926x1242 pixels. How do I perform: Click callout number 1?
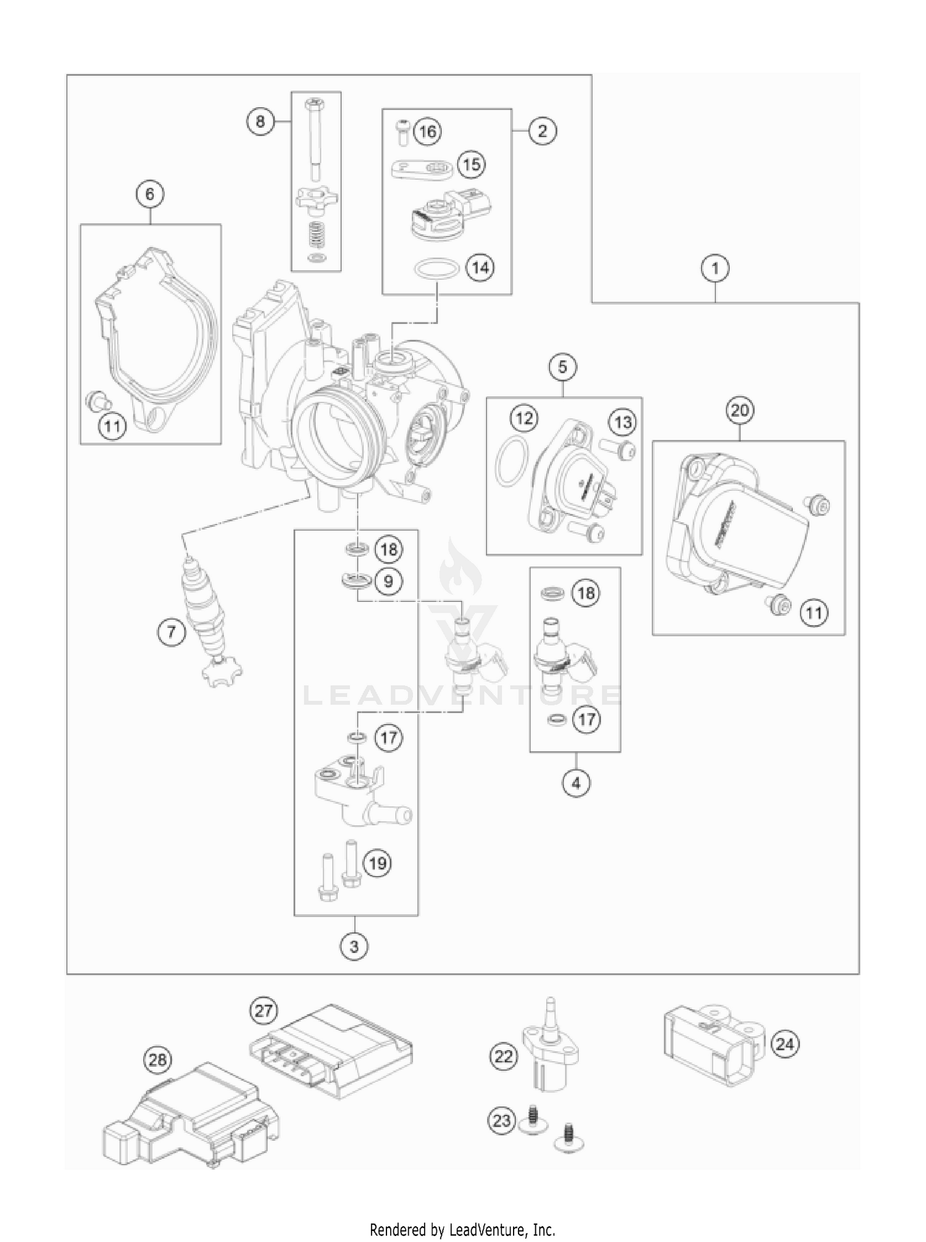pos(715,269)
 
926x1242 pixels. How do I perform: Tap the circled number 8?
pos(260,122)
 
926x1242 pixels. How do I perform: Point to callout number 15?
pos(471,165)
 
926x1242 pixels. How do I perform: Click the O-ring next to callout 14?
pos(436,269)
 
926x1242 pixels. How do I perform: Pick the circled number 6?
pos(150,194)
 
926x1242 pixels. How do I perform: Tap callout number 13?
pos(623,423)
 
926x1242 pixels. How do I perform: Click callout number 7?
pos(171,631)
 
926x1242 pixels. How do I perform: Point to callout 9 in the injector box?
pos(388,581)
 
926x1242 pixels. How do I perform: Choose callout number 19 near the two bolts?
pos(377,862)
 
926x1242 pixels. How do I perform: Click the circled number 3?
pos(354,946)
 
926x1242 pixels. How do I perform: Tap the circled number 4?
pos(576,783)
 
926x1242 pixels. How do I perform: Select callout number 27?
pos(264,1011)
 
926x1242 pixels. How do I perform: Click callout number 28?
pos(158,1061)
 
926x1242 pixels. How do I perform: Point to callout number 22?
pos(504,1057)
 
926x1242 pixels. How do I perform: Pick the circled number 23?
pos(501,1119)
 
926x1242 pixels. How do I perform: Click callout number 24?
pos(784,1044)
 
